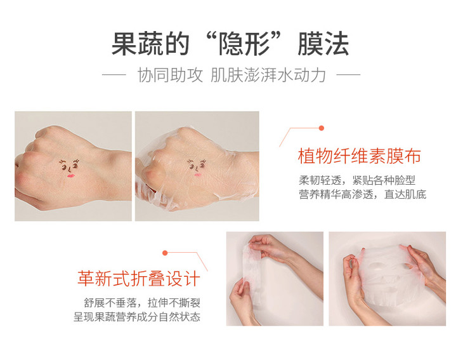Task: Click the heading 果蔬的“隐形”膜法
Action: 230,44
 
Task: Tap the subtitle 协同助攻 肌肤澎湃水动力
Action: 231,75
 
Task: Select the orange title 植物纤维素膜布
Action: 360,156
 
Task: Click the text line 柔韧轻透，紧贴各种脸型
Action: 357,180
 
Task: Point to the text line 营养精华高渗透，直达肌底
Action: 363,194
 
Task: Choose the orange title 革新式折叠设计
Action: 139,278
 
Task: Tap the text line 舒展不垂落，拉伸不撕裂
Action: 142,303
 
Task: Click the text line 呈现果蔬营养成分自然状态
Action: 137,317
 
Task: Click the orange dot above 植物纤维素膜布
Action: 322,128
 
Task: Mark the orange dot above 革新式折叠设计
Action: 165,253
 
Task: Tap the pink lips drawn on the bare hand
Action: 70,176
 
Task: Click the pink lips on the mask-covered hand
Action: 198,175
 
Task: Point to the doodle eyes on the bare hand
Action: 69,164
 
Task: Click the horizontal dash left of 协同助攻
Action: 114,74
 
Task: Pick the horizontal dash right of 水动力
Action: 348,74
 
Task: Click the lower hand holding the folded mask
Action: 243,302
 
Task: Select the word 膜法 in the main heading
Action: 323,44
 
